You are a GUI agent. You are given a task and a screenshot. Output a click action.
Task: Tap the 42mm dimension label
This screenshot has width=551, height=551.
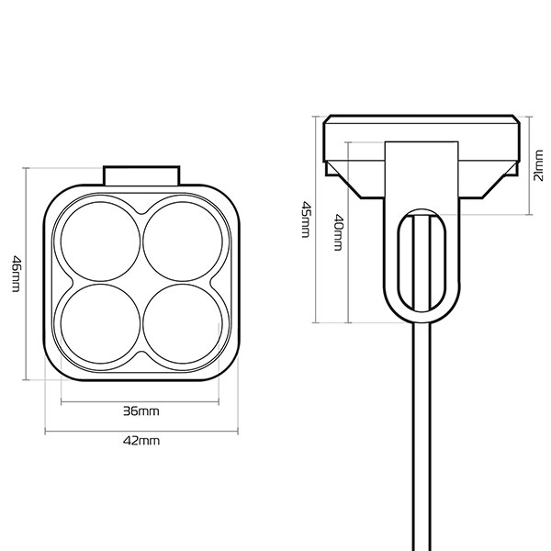pos(141,441)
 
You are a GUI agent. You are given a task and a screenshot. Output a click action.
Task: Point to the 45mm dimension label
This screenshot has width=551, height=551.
pos(305,220)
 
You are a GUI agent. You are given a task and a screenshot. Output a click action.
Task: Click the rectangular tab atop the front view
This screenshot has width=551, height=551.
pos(141,175)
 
